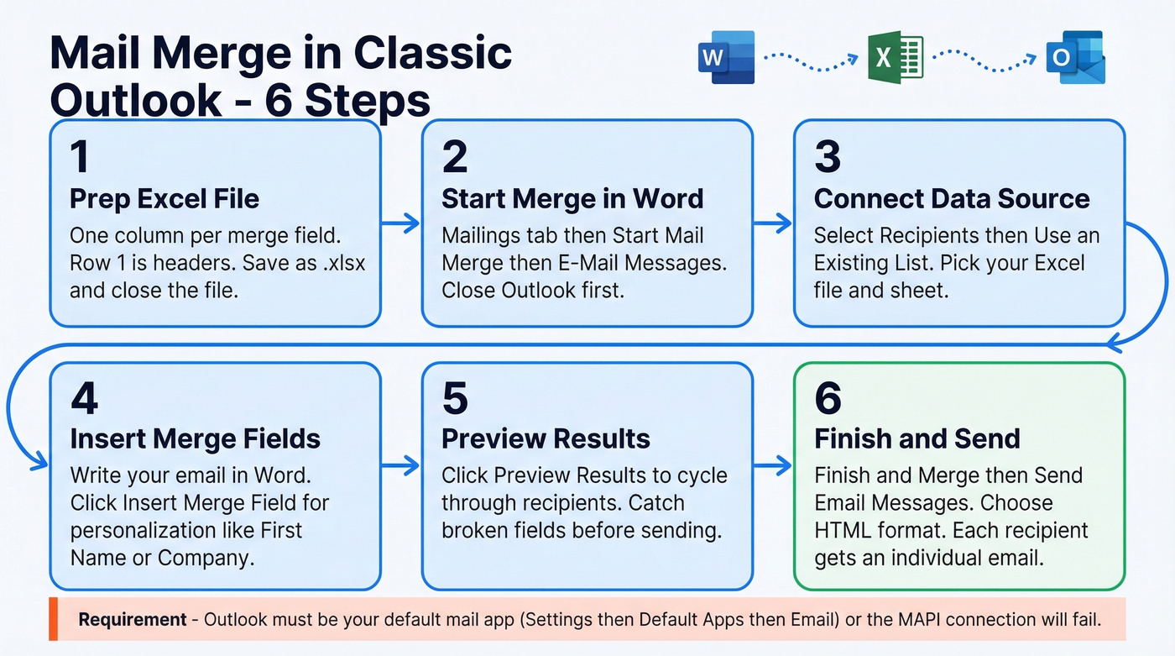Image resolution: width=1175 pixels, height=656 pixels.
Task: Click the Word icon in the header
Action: click(x=726, y=58)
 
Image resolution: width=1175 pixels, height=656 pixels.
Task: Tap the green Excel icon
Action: click(x=896, y=58)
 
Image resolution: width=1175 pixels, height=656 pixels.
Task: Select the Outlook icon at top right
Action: click(x=1075, y=58)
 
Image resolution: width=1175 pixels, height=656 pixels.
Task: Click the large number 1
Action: click(x=80, y=157)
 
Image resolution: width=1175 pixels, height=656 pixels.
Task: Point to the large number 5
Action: click(x=455, y=398)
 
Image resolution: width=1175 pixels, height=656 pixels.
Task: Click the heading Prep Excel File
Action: click(x=164, y=199)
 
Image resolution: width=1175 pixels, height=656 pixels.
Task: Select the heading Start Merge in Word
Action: click(x=572, y=199)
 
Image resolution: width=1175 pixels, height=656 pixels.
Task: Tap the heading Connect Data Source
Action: click(x=952, y=199)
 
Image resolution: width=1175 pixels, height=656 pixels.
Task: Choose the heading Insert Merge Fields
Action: click(x=195, y=438)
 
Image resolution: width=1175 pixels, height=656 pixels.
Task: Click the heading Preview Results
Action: click(x=546, y=438)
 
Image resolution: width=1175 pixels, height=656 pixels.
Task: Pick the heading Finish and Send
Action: click(x=916, y=438)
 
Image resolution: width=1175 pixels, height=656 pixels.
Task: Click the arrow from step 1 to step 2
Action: click(x=401, y=223)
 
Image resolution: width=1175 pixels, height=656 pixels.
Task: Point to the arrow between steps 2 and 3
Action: click(x=773, y=223)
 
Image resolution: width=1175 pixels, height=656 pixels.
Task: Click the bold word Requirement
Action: click(x=133, y=620)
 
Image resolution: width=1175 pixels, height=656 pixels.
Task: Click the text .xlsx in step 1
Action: click(x=342, y=263)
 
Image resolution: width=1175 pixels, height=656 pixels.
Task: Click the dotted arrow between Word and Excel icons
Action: click(x=810, y=58)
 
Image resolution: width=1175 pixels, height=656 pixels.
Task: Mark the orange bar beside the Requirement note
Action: click(x=52, y=619)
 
